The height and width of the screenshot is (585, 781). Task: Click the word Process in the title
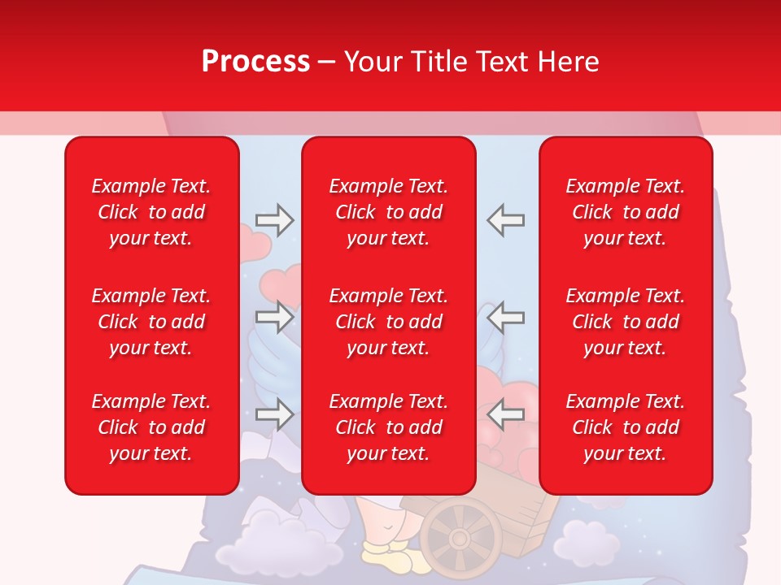click(255, 62)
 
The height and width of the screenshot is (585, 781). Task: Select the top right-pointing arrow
click(274, 220)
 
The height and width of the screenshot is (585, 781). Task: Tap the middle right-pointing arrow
click(274, 317)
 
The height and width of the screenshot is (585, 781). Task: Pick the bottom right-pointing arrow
click(274, 414)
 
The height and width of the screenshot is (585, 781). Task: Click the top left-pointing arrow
click(506, 220)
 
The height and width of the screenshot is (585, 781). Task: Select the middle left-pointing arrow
click(506, 317)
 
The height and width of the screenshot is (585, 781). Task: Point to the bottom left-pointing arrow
click(506, 414)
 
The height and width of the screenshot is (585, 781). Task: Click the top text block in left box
click(151, 212)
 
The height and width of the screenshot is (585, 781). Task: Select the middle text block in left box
click(151, 322)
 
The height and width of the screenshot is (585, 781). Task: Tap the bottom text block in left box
click(151, 427)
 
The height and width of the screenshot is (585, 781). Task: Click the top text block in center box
click(388, 212)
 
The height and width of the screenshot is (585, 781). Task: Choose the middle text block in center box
click(388, 322)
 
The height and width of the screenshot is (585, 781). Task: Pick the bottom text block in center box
click(388, 427)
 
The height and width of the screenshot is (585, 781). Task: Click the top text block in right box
click(625, 212)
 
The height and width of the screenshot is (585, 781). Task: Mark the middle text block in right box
click(625, 322)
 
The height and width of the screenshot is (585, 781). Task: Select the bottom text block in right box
click(625, 427)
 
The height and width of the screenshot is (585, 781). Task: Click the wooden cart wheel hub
click(460, 538)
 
